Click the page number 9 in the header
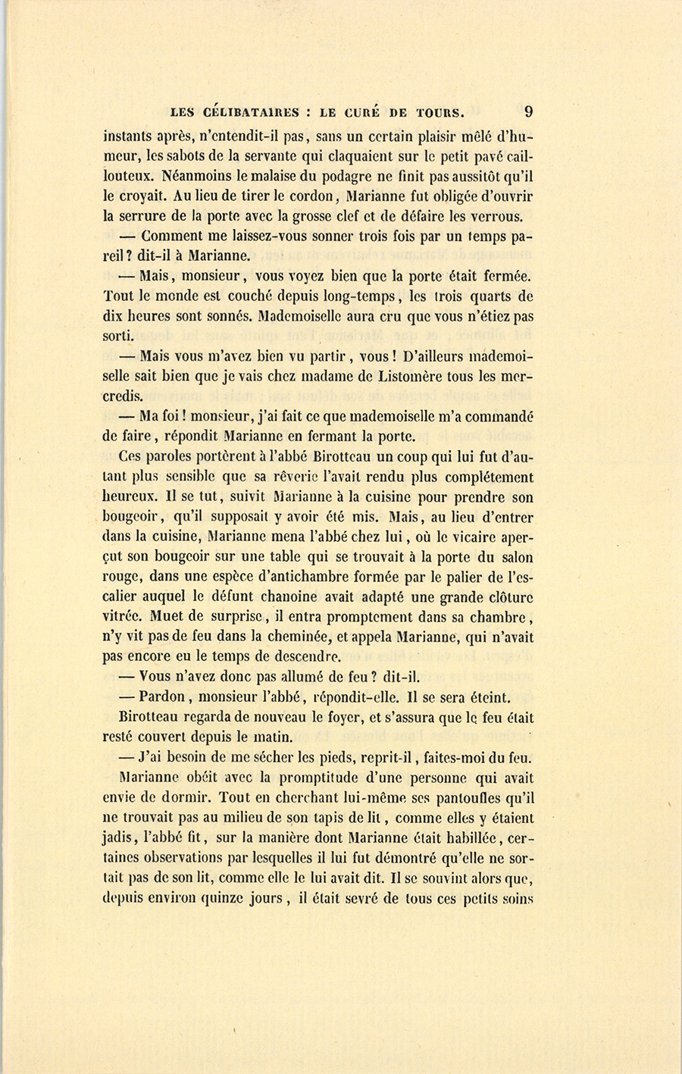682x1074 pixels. (528, 111)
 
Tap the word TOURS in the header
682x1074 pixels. (437, 113)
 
